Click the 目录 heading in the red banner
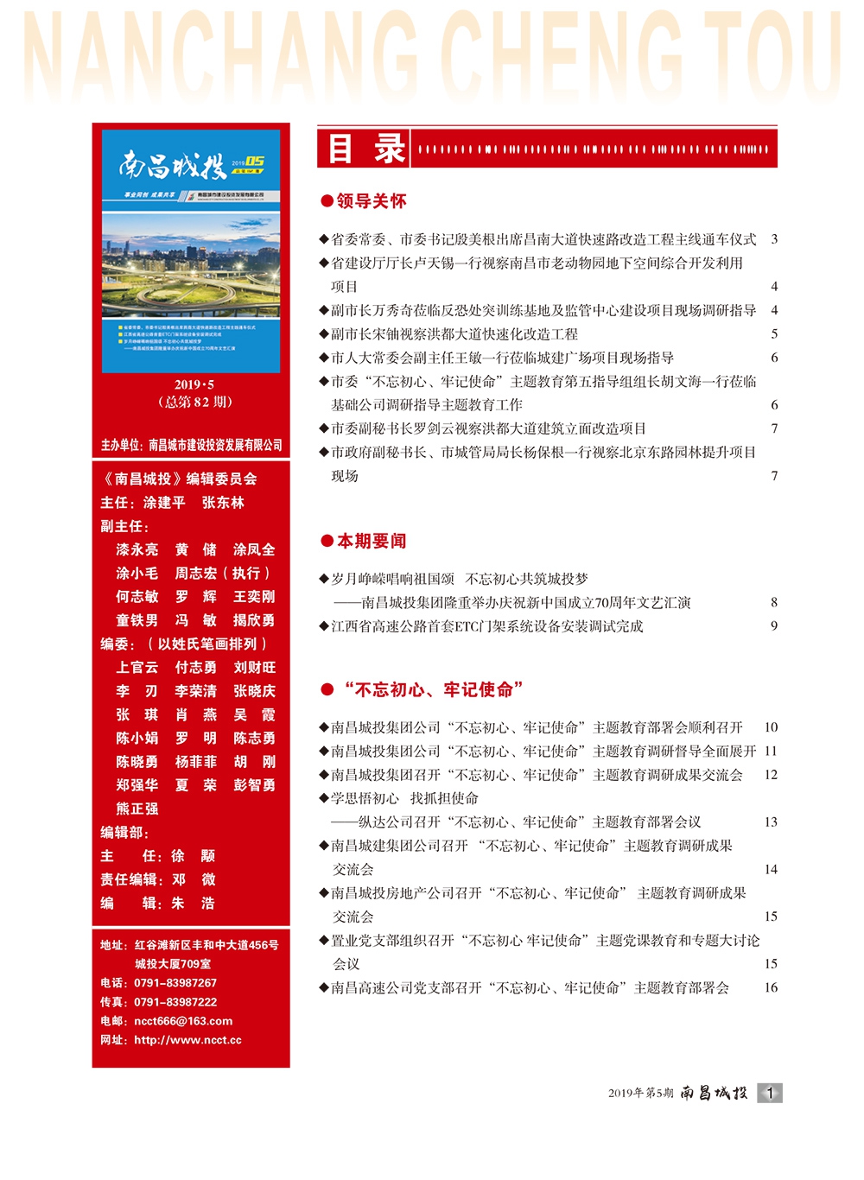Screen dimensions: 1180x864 365,148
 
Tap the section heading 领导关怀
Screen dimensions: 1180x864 371,201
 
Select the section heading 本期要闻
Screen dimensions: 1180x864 371,542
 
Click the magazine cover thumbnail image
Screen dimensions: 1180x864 191,251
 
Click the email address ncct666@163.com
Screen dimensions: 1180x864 183,1021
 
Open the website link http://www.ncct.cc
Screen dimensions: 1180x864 187,1040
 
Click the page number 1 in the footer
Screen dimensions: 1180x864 770,1093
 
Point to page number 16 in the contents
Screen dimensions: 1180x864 771,987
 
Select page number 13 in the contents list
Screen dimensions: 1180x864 771,822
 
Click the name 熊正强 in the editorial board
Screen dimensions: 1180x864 137,809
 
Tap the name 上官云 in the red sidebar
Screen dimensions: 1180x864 137,667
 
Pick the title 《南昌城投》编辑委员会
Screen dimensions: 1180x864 179,479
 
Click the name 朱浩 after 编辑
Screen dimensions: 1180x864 193,903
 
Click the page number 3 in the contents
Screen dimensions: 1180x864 774,239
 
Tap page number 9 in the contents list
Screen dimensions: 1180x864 774,626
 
